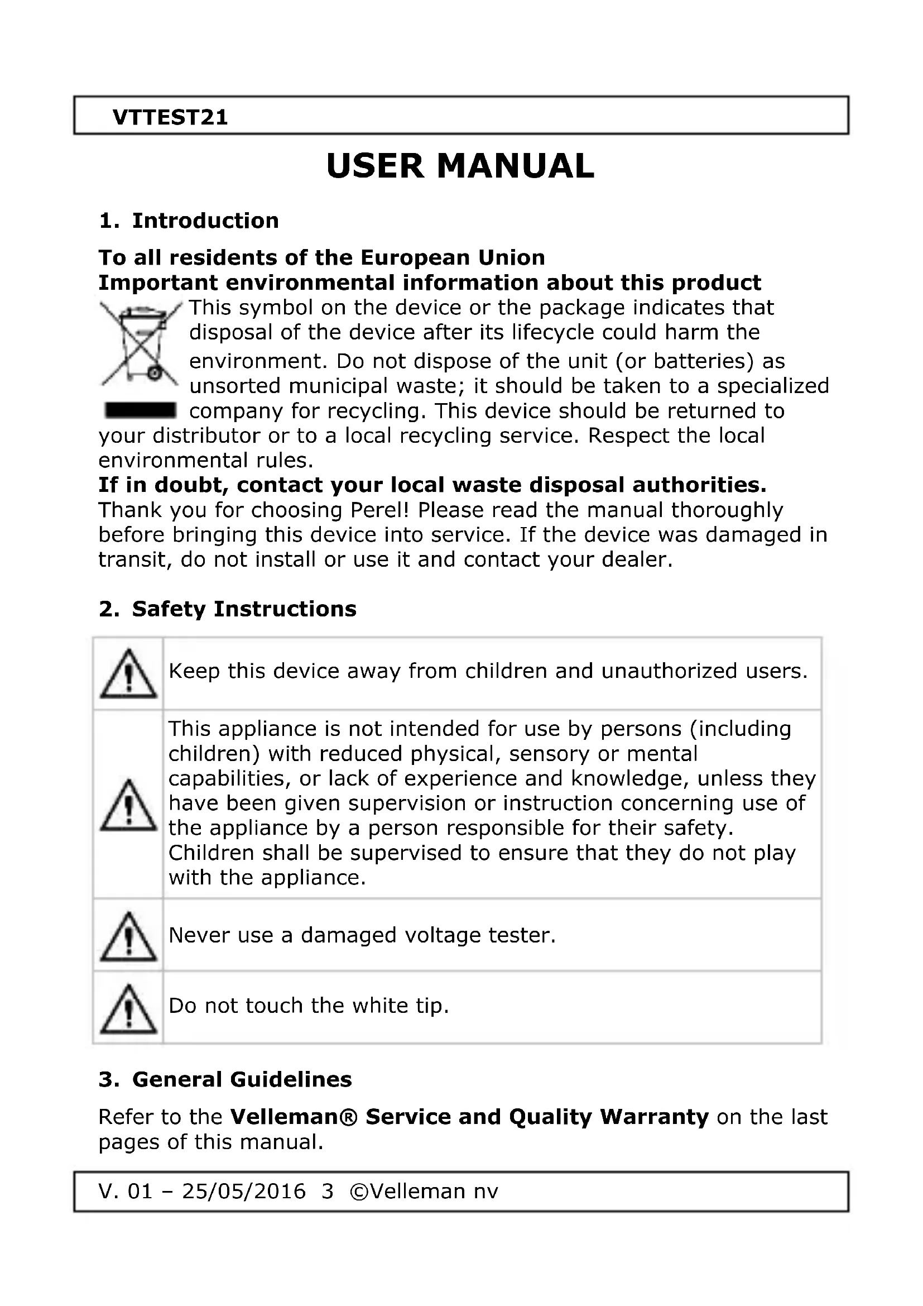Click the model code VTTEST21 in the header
[x=170, y=117]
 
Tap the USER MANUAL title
[x=460, y=166]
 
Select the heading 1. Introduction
[x=189, y=221]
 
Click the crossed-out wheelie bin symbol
[x=140, y=343]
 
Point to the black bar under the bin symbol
[x=140, y=409]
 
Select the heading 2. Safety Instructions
[x=227, y=609]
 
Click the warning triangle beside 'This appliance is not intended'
[x=128, y=805]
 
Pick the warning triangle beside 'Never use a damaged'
[x=128, y=937]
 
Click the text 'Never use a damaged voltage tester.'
[x=362, y=935]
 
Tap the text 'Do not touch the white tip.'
[x=309, y=1006]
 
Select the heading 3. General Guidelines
[x=225, y=1080]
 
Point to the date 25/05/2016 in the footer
[x=244, y=1191]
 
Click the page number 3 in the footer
[x=328, y=1191]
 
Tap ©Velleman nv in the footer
[x=425, y=1191]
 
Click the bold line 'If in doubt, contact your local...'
[x=432, y=485]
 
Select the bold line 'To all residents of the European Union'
[x=321, y=257]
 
